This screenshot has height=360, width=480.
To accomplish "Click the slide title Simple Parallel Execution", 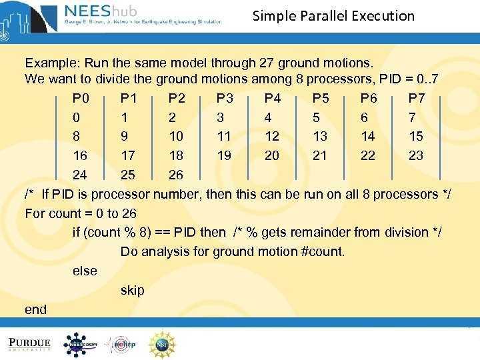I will click(x=333, y=16).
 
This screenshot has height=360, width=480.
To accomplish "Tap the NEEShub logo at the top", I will click(x=143, y=14).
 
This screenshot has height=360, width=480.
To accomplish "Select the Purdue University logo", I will click(x=29, y=344).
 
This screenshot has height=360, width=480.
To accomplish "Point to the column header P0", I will click(x=81, y=99).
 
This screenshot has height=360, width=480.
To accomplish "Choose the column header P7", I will click(x=417, y=99).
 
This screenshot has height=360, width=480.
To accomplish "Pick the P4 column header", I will click(x=273, y=99).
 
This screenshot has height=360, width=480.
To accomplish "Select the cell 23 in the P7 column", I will click(x=416, y=155).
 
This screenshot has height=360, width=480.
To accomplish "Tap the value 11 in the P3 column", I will click(x=224, y=137).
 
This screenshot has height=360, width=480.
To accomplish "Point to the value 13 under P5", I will click(x=320, y=137).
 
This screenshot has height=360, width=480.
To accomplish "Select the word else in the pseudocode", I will click(x=85, y=271).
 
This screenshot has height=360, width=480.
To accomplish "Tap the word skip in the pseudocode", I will click(x=132, y=291).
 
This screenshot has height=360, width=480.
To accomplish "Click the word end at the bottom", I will click(x=35, y=309).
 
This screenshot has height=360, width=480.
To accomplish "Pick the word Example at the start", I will click(x=50, y=63).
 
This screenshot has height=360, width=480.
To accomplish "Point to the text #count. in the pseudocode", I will click(x=321, y=252).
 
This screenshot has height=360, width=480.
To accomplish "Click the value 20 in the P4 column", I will click(x=272, y=155).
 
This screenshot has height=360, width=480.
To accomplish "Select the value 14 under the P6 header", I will click(x=368, y=137).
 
